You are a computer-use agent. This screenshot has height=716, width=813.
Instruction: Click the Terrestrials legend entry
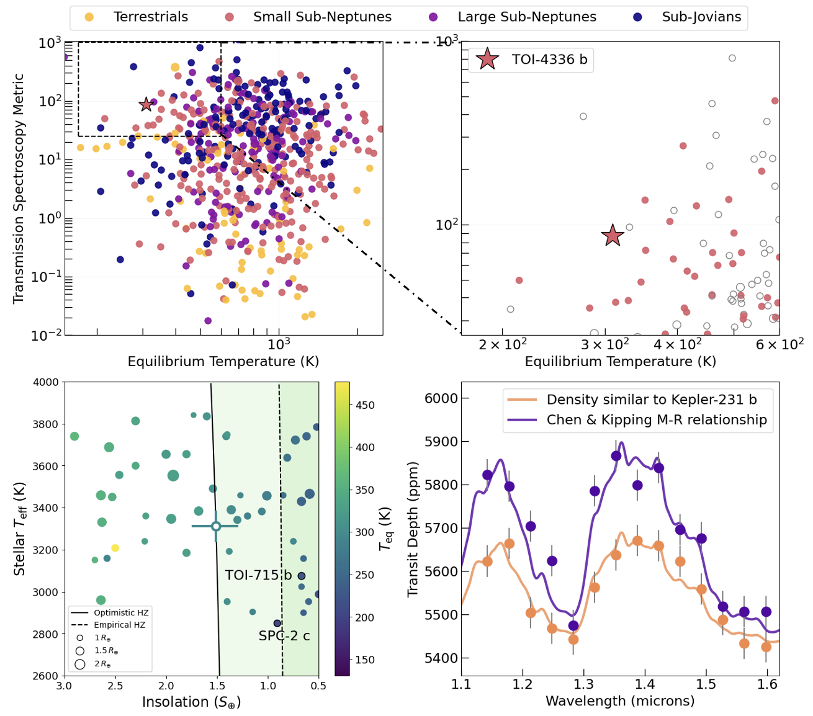(150, 17)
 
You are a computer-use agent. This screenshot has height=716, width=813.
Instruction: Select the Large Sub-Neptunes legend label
(526, 17)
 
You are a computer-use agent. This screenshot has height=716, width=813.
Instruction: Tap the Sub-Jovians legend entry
(701, 17)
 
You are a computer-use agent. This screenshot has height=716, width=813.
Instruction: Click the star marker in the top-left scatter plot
(146, 104)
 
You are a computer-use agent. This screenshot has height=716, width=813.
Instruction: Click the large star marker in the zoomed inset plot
(613, 235)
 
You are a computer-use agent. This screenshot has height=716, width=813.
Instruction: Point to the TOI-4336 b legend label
(549, 60)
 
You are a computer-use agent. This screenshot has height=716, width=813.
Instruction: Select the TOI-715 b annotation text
(258, 575)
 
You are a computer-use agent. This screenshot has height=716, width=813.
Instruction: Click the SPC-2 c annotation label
(284, 636)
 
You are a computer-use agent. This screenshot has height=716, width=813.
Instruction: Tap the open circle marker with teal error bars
(216, 526)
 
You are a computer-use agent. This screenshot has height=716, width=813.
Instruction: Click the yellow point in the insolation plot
(115, 548)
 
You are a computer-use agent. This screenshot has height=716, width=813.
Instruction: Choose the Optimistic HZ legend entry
(121, 612)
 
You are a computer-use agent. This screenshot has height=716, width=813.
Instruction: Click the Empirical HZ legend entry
(119, 625)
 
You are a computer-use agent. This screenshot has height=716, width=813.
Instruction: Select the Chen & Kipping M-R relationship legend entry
(657, 420)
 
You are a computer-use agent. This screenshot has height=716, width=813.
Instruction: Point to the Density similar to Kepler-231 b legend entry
(652, 400)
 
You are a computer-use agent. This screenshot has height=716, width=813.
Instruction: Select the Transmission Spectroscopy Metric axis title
(19, 189)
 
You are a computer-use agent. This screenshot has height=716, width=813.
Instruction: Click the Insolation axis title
(191, 702)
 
